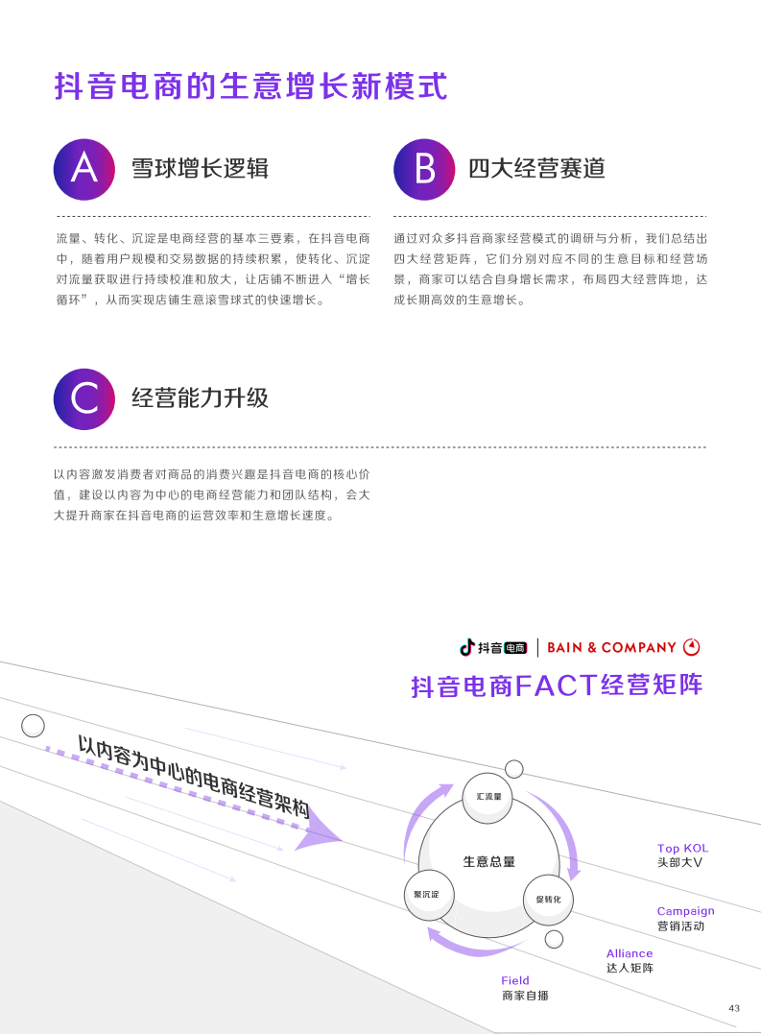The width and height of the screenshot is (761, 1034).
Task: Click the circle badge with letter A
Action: pos(84,170)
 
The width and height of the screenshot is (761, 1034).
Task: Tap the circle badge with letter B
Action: pos(424,170)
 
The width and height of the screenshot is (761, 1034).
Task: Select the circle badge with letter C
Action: pos(84,399)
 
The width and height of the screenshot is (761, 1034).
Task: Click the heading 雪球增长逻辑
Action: pos(200,168)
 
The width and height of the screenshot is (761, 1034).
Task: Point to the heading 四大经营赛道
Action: pos(536,168)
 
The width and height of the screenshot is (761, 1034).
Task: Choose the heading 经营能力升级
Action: pos(200,397)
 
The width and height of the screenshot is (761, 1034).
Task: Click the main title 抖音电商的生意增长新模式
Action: pos(251,86)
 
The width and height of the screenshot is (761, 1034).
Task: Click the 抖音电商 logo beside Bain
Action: pos(493,647)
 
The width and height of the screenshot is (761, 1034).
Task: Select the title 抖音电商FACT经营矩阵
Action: pos(557,685)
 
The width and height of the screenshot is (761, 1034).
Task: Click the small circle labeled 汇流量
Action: pos(488,798)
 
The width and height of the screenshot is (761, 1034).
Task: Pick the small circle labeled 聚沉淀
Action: pos(429,895)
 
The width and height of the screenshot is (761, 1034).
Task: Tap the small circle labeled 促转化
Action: pos(548,900)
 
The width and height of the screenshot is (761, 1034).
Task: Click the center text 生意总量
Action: pos(488,861)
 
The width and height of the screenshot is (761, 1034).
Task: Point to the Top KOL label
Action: pos(682,848)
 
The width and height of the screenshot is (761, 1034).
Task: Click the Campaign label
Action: pos(685,911)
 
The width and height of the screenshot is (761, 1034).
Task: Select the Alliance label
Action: pos(630,953)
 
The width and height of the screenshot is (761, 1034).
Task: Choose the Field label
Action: pos(514,980)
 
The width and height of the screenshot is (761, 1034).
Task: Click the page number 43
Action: pos(734,1008)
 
